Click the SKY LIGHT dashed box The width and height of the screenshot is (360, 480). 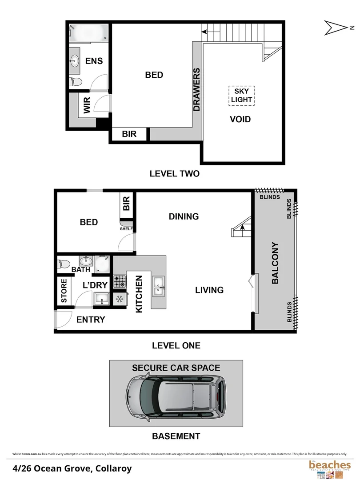click(241, 95)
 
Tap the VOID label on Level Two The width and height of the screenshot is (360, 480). click(240, 119)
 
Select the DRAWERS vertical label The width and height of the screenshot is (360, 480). click(197, 89)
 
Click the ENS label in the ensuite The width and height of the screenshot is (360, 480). click(94, 61)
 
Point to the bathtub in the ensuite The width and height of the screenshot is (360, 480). click(89, 32)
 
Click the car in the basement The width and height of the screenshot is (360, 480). click(175, 395)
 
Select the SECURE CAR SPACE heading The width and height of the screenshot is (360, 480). click(176, 368)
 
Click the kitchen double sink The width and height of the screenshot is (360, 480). click(158, 285)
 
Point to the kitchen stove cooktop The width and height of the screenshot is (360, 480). click(120, 282)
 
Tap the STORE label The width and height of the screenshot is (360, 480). click(64, 291)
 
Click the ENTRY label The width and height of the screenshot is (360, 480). click(91, 320)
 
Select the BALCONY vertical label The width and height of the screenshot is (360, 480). click(275, 263)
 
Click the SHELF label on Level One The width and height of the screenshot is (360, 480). click(126, 229)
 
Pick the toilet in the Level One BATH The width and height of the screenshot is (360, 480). click(63, 264)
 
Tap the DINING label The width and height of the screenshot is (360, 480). click(184, 216)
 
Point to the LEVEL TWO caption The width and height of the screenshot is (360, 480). click(175, 174)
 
